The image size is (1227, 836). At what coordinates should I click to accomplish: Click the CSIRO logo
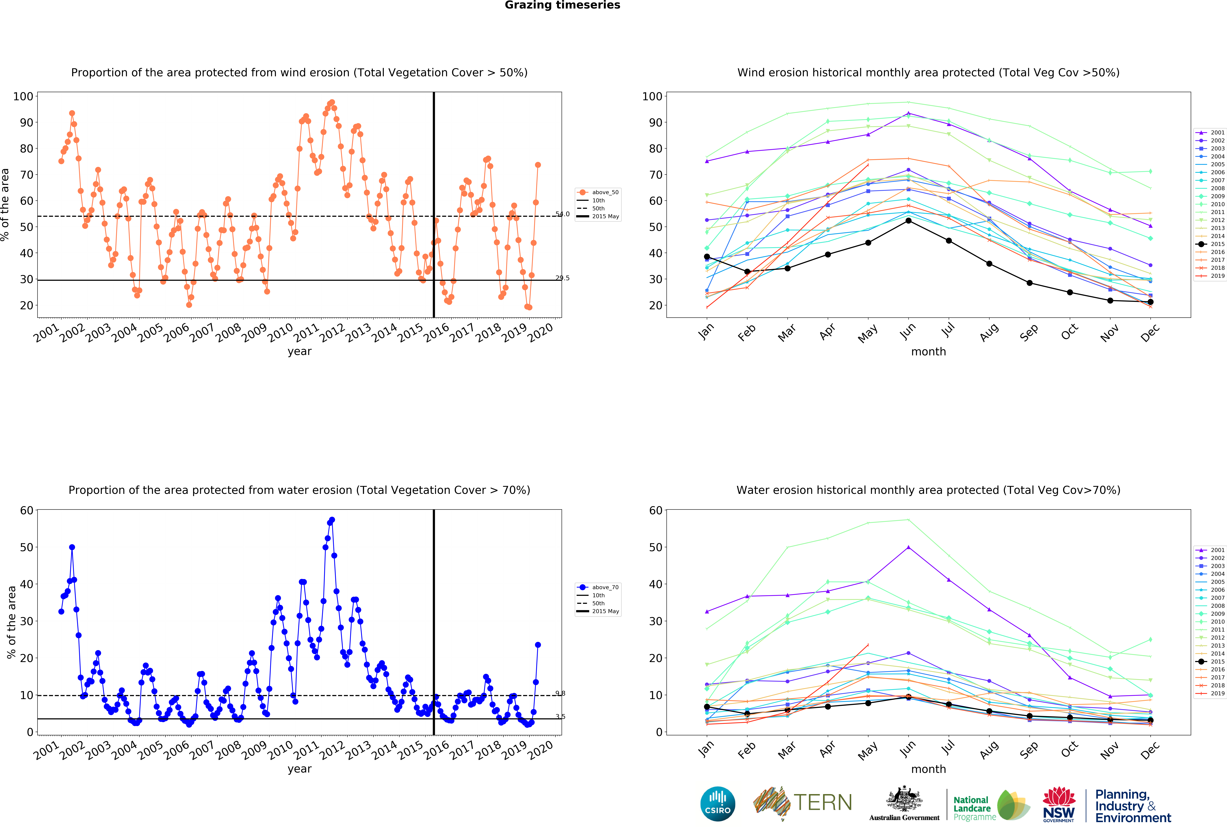click(718, 804)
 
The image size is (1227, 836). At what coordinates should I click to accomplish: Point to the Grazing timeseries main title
click(562, 5)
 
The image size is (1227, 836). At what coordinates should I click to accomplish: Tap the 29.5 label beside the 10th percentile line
click(562, 278)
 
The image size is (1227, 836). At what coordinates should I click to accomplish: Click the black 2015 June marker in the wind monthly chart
click(908, 221)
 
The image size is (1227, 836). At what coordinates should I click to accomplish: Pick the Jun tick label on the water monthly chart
click(908, 748)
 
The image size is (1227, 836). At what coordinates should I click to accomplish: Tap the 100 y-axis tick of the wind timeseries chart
click(23, 97)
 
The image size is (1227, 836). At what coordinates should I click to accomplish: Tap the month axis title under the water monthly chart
click(928, 769)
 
